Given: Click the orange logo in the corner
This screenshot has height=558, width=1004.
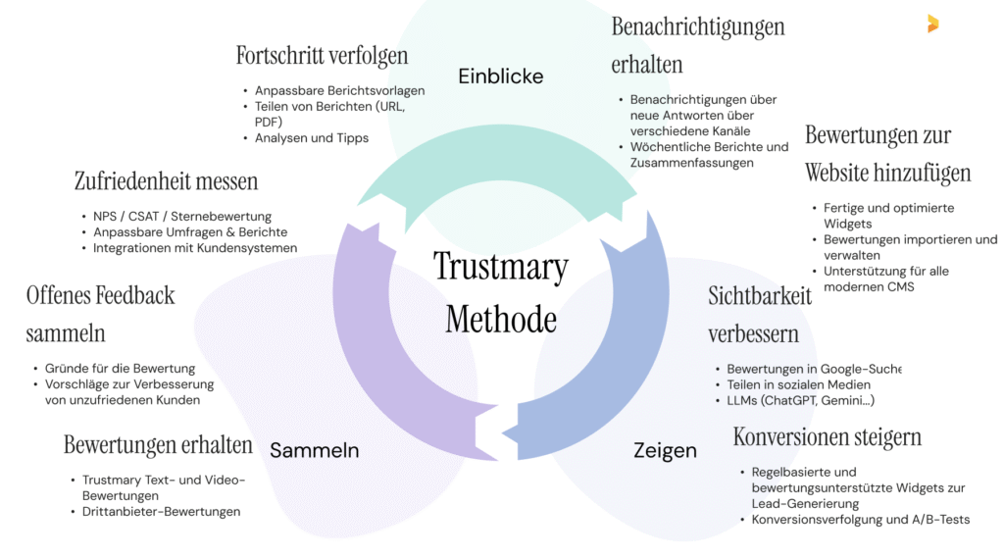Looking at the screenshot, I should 932,24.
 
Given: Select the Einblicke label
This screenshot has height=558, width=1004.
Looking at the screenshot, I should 500,76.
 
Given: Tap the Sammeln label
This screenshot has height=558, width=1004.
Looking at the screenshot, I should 314,451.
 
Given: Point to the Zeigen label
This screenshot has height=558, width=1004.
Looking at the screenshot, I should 665,451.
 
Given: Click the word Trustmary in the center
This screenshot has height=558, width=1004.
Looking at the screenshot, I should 500,266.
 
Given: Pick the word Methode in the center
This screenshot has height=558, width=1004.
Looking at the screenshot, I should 500,319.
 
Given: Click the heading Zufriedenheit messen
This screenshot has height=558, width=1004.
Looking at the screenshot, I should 166,181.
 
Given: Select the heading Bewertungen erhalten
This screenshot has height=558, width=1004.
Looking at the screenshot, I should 158,445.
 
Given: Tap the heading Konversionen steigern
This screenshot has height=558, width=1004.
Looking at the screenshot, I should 827,436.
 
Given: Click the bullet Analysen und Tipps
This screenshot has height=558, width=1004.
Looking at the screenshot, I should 311,138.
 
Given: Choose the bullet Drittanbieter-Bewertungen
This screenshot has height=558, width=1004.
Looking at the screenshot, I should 161,511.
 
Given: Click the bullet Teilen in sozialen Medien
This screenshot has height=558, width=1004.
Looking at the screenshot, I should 798,384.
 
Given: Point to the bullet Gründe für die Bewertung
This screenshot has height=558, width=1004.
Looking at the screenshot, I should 121,369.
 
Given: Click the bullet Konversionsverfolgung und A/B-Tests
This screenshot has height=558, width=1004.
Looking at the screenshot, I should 860,519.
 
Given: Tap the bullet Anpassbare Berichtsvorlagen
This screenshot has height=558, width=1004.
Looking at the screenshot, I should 339,91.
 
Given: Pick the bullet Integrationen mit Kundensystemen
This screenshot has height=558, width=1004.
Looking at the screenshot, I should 195,248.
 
